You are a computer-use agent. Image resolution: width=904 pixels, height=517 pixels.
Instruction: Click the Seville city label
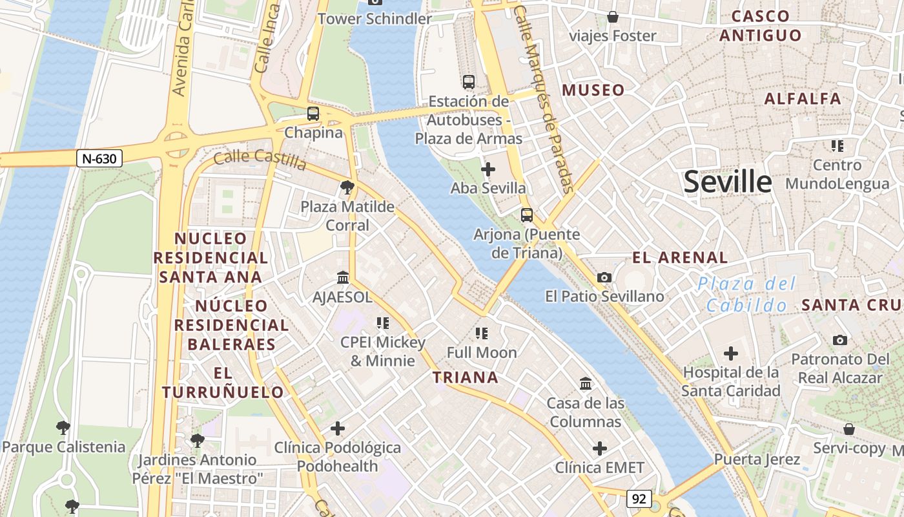tap(728, 182)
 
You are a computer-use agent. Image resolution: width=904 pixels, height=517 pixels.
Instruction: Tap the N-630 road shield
tap(99, 158)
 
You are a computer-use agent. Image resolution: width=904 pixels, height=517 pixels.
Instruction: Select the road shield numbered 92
tap(639, 499)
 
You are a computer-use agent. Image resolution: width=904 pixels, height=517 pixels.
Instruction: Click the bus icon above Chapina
tap(313, 114)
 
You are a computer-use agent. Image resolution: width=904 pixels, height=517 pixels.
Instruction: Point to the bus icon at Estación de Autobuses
tap(469, 82)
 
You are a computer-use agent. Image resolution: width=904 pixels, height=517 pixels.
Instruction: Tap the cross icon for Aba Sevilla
tap(488, 169)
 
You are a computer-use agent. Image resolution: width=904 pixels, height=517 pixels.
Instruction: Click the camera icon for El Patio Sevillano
tap(604, 277)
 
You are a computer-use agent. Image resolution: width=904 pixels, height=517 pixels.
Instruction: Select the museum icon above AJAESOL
tap(343, 277)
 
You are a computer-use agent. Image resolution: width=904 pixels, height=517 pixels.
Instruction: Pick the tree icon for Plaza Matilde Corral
tap(347, 187)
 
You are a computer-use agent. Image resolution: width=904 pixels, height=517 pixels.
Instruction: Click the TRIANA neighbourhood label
tap(466, 377)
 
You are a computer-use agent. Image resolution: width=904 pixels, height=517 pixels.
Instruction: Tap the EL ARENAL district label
tap(680, 258)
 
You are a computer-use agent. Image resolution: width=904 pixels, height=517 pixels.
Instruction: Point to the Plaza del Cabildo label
tap(746, 294)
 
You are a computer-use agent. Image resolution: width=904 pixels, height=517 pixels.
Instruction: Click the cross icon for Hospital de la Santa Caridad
tap(731, 353)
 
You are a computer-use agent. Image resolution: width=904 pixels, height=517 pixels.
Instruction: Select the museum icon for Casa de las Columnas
tap(586, 384)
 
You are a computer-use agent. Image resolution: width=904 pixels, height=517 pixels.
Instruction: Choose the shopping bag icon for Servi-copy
tap(849, 429)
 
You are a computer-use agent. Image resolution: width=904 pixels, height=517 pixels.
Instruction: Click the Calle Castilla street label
tap(260, 160)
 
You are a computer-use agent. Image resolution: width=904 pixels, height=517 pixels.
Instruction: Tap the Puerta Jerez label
tap(757, 459)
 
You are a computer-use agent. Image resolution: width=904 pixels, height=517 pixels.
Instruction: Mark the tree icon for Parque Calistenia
tap(63, 427)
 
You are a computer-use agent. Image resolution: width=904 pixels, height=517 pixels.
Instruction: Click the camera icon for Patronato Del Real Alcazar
tap(840, 340)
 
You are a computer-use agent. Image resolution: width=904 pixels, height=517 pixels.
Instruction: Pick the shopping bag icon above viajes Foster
tap(612, 17)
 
